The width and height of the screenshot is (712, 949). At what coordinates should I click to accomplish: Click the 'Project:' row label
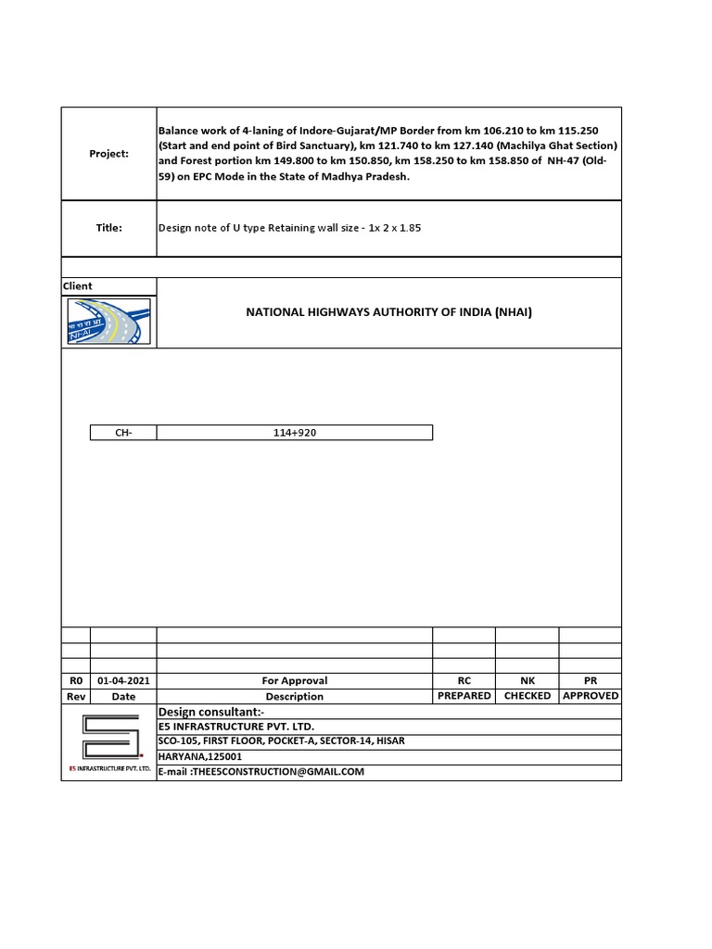pyautogui.click(x=108, y=153)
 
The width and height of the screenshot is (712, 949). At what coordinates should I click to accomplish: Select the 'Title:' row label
pyautogui.click(x=108, y=227)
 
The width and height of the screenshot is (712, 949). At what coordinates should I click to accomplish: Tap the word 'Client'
pyautogui.click(x=78, y=286)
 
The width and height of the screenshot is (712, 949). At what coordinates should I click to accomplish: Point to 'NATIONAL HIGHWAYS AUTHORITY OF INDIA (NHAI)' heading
pyautogui.click(x=388, y=312)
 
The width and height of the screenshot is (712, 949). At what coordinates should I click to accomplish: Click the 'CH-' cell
pyautogui.click(x=123, y=433)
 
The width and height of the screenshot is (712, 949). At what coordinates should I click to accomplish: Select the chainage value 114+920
pyautogui.click(x=295, y=433)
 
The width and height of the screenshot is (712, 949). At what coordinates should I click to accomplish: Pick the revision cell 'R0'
pyautogui.click(x=76, y=680)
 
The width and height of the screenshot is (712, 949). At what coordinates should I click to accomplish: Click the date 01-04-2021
pyautogui.click(x=123, y=680)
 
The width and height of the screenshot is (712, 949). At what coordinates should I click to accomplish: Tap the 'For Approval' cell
pyautogui.click(x=295, y=680)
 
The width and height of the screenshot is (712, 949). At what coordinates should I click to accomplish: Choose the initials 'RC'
pyautogui.click(x=464, y=680)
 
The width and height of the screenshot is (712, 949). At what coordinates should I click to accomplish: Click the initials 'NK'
pyautogui.click(x=528, y=680)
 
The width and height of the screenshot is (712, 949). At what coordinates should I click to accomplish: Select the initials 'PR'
pyautogui.click(x=591, y=680)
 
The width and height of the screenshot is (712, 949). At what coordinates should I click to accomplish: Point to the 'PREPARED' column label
pyautogui.click(x=464, y=695)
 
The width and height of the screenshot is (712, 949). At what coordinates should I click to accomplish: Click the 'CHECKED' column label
pyautogui.click(x=528, y=695)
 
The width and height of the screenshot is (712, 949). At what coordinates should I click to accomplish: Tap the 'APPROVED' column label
pyautogui.click(x=591, y=695)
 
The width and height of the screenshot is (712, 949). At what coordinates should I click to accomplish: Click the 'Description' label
pyautogui.click(x=295, y=696)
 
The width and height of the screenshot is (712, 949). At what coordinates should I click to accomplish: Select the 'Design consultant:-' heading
pyautogui.click(x=212, y=711)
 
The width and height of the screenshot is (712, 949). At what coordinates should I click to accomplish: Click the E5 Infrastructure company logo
pyautogui.click(x=108, y=742)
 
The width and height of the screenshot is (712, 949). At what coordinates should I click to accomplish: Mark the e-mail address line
pyautogui.click(x=261, y=772)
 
